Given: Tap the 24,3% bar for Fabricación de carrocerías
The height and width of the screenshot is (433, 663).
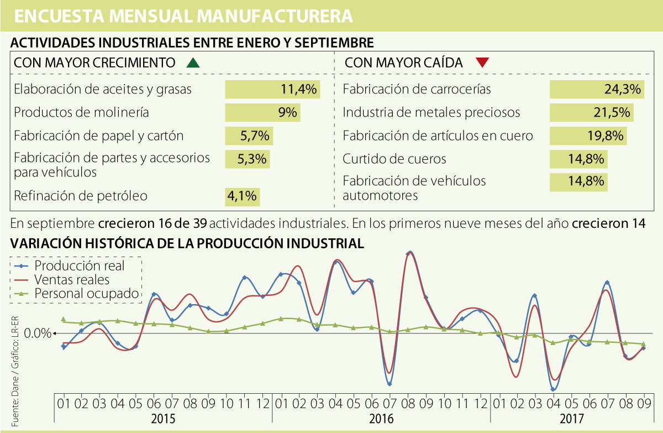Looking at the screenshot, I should tap(597, 89).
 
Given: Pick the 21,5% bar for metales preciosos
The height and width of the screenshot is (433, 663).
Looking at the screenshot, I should tap(591, 113).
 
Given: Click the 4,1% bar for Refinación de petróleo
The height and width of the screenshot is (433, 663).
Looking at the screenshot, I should tap(242, 196).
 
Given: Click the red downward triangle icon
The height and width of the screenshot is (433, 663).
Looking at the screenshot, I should tap(482, 62).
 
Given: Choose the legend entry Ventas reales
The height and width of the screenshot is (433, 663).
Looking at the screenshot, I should tap(72, 279).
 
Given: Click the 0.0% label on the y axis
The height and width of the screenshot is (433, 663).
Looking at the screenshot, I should tap(38, 333).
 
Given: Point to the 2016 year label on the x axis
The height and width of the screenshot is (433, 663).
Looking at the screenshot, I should tap(381, 419).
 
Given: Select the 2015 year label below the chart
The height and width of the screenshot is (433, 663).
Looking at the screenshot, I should tap(164, 419).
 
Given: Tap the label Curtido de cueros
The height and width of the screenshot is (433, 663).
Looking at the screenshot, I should tap(394, 159).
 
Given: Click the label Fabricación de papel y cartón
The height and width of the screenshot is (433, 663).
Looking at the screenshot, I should tap(98, 135).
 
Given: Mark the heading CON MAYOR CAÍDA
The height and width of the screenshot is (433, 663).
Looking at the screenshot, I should tap(404, 62).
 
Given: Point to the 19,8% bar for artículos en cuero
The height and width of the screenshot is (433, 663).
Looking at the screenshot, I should tap(589, 136).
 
